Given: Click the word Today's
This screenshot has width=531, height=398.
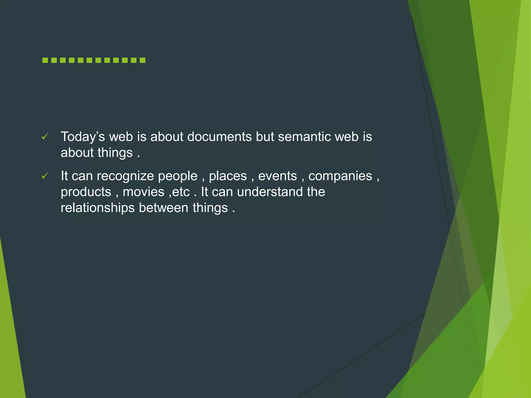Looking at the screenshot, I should pos(83,137).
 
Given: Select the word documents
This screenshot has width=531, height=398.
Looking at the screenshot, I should pos(219,137).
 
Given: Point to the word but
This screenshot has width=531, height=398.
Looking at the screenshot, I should pos(265,137).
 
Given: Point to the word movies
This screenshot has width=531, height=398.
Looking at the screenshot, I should pos(143,192).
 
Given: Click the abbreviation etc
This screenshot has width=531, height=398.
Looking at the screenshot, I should pos(181,192).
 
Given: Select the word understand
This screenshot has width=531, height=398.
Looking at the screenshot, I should pos(270,192).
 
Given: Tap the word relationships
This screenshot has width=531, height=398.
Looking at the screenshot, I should pos(97,208).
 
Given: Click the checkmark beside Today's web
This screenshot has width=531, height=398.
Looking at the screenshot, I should pos(45,137).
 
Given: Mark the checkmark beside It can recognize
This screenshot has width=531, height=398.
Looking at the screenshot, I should pos(45,176).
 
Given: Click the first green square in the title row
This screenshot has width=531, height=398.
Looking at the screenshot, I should pos(45,60).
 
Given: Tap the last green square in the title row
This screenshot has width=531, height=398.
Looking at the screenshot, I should pos(142,60).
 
